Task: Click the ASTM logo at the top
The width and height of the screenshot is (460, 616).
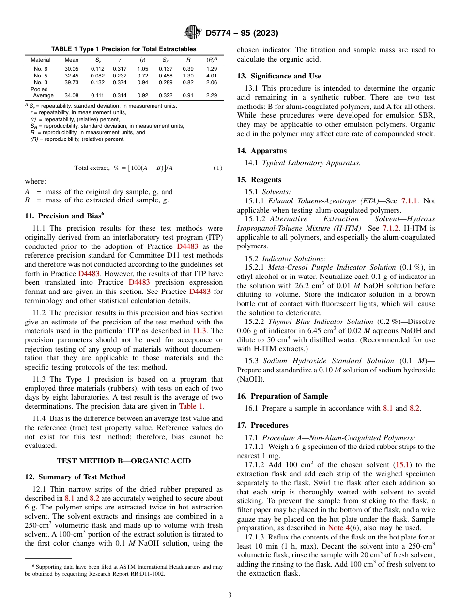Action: pyautogui.click(x=192, y=33)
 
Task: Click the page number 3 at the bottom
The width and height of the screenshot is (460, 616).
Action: pyautogui.click(x=230, y=595)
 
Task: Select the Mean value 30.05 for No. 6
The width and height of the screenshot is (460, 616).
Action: pyautogui.click(x=71, y=69)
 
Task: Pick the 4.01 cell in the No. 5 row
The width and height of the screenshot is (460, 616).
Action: pyautogui.click(x=211, y=76)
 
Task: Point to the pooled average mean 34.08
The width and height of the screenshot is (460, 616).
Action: pyautogui.click(x=71, y=95)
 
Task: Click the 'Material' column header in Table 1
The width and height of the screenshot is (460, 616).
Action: pyautogui.click(x=41, y=60)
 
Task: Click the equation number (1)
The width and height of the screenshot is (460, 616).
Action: pyautogui.click(x=218, y=168)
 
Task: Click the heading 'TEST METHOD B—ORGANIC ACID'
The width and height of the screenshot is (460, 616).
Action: pyautogui.click(x=123, y=461)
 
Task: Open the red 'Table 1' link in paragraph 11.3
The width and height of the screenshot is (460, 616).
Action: pyautogui.click(x=191, y=406)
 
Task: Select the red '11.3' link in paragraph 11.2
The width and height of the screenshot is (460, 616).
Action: pyautogui.click(x=200, y=331)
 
